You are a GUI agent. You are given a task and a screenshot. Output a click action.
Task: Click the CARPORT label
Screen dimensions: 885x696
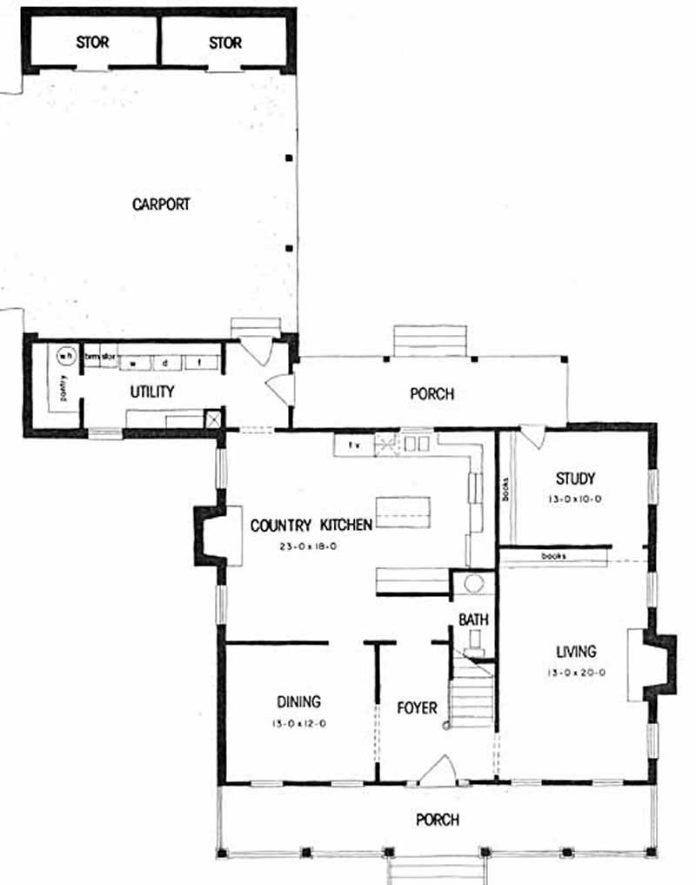coord(161,204)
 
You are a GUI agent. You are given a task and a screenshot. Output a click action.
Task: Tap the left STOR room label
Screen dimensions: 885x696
coord(92,43)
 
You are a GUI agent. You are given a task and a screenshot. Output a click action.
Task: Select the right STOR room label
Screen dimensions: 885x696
coord(224,43)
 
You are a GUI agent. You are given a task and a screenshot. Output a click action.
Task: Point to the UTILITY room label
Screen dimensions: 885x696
coord(152,392)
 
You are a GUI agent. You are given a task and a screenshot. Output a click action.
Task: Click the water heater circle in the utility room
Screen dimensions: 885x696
coord(65,355)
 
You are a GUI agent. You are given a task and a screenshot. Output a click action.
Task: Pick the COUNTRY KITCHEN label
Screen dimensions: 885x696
coord(311,526)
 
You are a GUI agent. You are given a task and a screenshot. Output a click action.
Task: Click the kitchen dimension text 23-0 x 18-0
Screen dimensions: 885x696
coord(311,547)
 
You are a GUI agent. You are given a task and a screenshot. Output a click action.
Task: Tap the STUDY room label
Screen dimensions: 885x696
coord(575,479)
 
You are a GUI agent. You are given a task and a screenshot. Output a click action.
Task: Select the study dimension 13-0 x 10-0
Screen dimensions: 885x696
coord(575,499)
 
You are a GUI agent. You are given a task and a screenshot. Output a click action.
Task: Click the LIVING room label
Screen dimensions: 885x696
coord(577,651)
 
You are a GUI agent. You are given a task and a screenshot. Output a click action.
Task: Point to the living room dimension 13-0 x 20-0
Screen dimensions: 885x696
coord(577,672)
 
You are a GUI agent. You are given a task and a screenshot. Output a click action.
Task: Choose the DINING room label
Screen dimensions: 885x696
coord(299,701)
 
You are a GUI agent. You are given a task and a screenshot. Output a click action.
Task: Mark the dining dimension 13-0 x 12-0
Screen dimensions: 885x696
coord(299,723)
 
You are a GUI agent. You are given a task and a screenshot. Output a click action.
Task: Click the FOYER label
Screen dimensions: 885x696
coord(417,707)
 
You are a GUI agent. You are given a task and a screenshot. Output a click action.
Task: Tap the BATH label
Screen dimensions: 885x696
coord(474,620)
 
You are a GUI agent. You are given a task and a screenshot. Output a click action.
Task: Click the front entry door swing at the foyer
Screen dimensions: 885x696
coord(438,770)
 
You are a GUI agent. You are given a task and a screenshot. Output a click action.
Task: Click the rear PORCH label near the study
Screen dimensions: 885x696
coord(432,394)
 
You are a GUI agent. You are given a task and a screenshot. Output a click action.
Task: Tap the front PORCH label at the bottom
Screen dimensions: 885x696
coord(437,820)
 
